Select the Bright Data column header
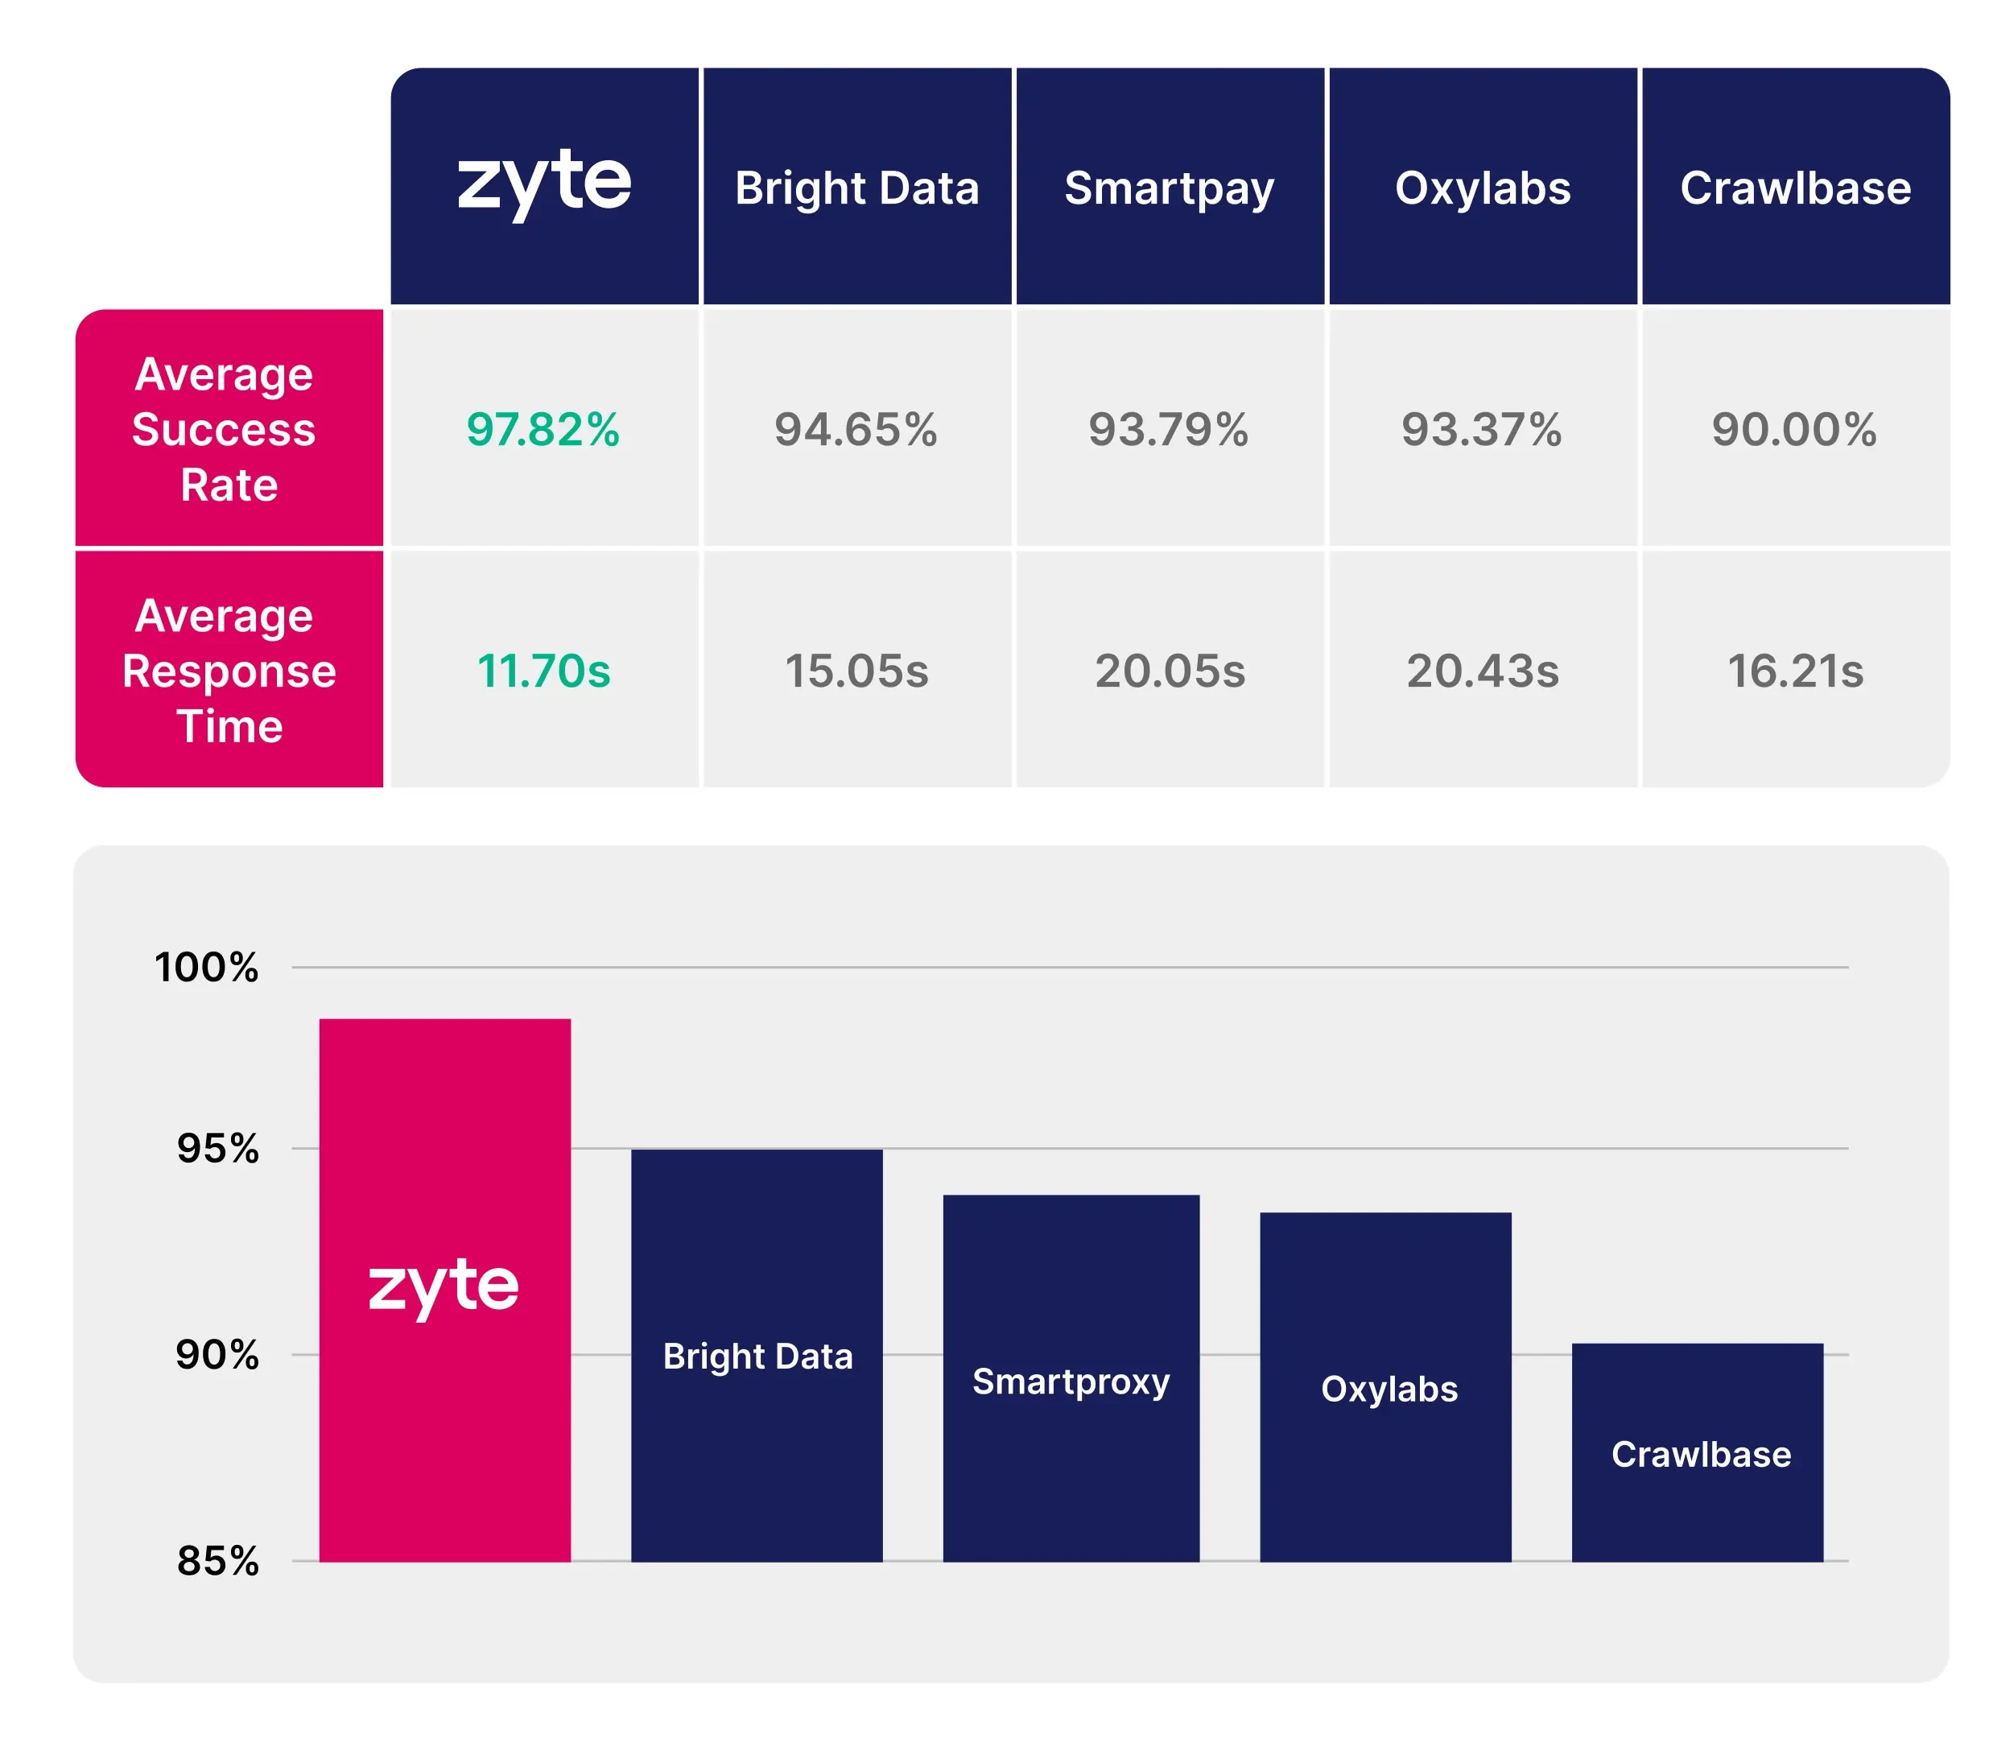[856, 188]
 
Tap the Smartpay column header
[1169, 188]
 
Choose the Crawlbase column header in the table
[1795, 188]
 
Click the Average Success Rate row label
[228, 428]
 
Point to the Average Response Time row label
[228, 670]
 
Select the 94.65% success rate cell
[856, 429]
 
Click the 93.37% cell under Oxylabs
[1481, 429]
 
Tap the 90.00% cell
[1794, 429]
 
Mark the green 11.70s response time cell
[543, 671]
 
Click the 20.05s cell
[1170, 671]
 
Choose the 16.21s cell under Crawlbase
[1795, 671]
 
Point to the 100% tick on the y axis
[206, 968]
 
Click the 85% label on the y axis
[217, 1561]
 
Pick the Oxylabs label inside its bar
[1389, 1389]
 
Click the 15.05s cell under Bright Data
[856, 671]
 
